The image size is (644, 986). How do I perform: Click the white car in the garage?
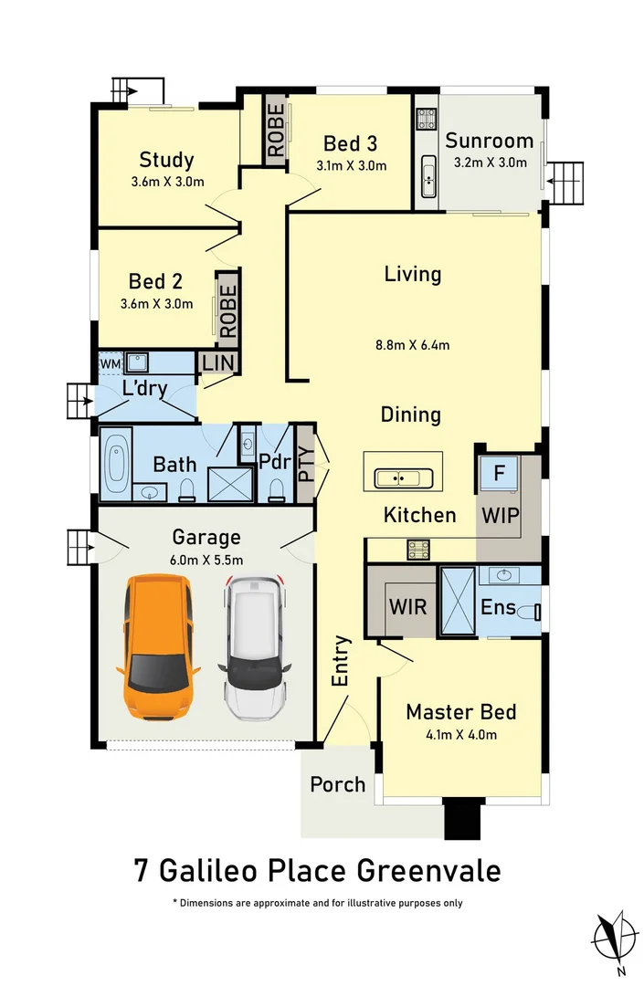pyautogui.click(x=255, y=646)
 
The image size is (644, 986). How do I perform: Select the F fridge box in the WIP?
pyautogui.click(x=499, y=474)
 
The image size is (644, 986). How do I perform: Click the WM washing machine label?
pyautogui.click(x=110, y=364)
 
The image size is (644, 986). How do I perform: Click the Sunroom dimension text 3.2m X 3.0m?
pyautogui.click(x=491, y=163)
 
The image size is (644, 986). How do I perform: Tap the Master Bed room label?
pyautogui.click(x=461, y=712)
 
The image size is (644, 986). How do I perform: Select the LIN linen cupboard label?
pyautogui.click(x=219, y=362)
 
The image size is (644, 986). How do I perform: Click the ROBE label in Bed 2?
pyautogui.click(x=227, y=309)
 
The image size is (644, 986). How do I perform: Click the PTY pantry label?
pyautogui.click(x=305, y=463)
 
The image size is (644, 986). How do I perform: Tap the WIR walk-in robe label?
pyautogui.click(x=407, y=606)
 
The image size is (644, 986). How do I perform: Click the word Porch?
pyautogui.click(x=337, y=784)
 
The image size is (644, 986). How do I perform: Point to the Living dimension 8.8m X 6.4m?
pyautogui.click(x=412, y=344)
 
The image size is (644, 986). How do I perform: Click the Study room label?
pyautogui.click(x=166, y=160)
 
